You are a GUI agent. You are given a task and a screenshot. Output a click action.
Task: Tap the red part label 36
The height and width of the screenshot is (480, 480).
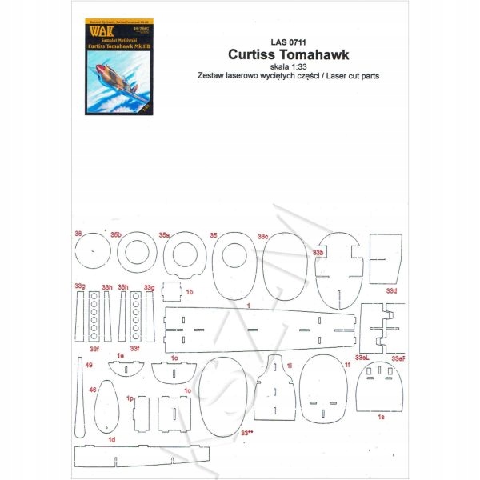tap(78, 234)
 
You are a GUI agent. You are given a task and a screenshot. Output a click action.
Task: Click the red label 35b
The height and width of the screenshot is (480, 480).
tap(116, 235)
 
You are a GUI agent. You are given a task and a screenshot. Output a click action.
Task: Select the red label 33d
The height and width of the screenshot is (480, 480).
tap(391, 290)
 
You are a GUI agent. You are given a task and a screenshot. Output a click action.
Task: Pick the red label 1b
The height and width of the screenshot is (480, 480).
tap(190, 293)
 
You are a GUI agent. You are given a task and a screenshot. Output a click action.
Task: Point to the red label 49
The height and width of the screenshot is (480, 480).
tap(88, 365)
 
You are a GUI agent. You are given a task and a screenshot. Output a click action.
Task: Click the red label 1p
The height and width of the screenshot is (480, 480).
tap(130, 397)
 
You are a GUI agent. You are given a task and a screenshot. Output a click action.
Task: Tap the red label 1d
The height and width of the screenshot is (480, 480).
tap(112, 440)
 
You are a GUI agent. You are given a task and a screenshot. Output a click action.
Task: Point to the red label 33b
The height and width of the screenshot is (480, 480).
tap(318, 253)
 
